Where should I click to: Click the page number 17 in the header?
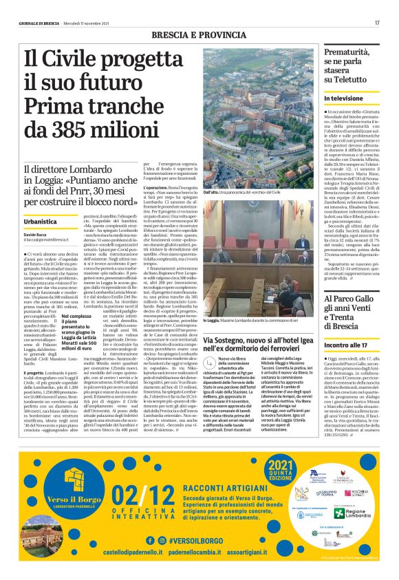click(x=377, y=23)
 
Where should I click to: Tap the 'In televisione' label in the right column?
click(x=344, y=99)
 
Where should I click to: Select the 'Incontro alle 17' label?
click(x=346, y=344)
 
